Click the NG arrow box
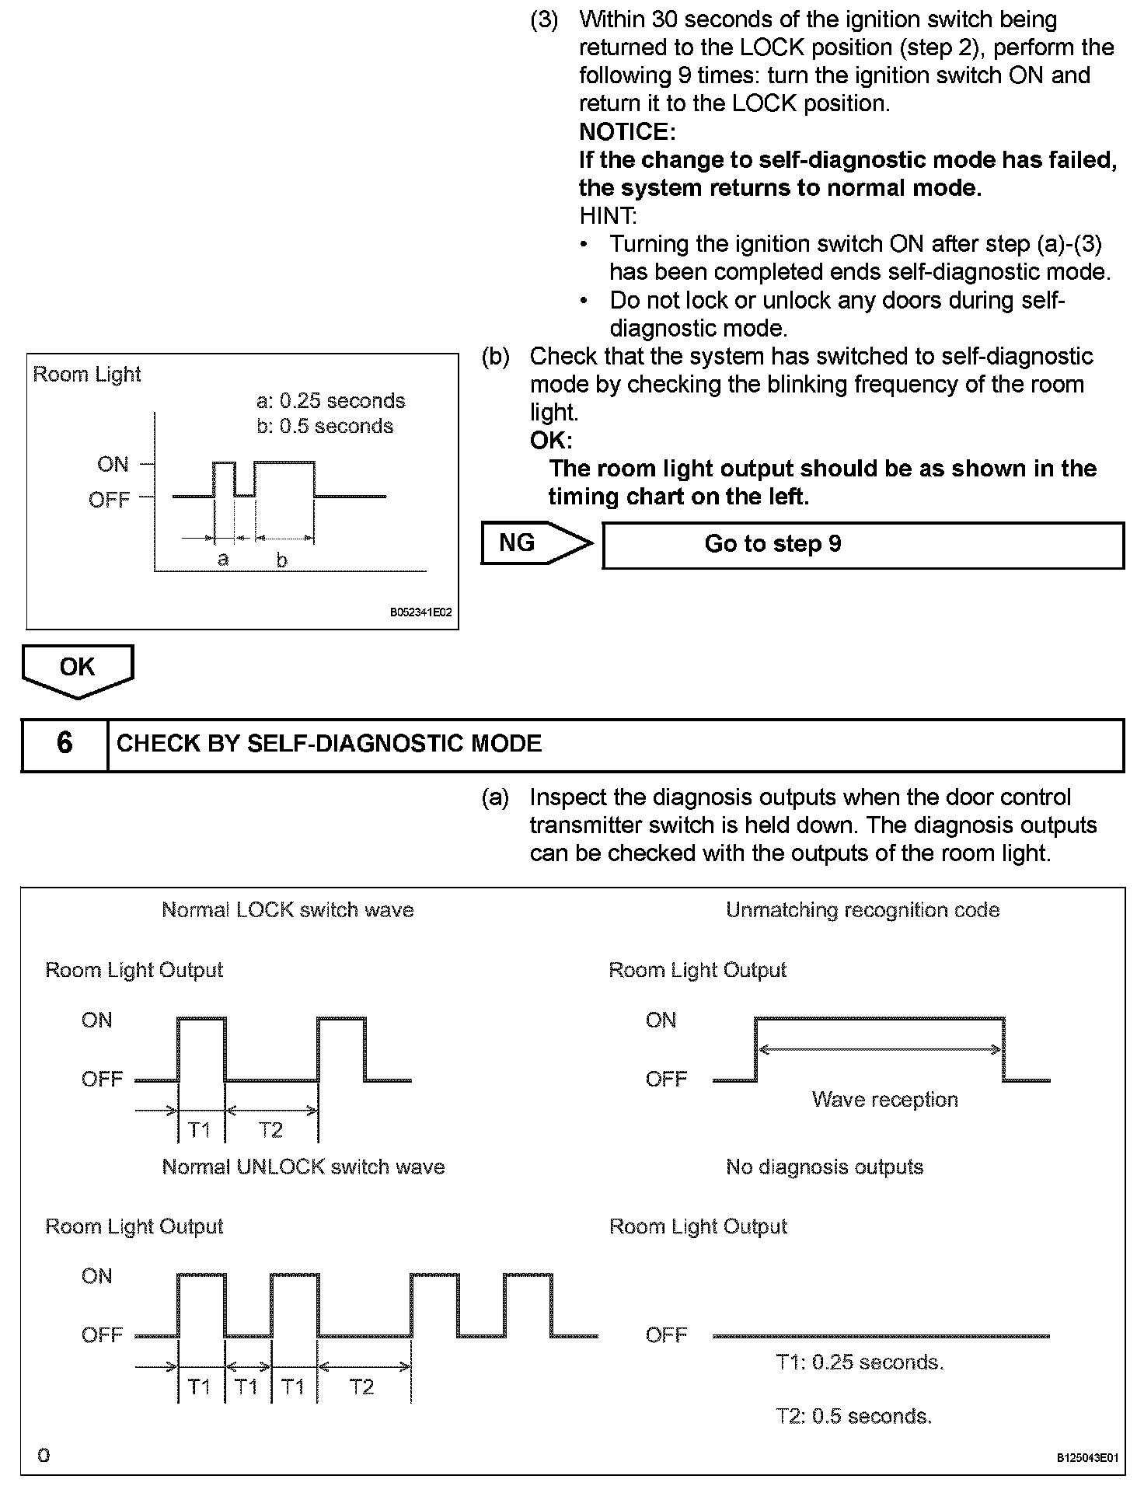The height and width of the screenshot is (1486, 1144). coord(528,542)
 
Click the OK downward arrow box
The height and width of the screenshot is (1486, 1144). coord(77,668)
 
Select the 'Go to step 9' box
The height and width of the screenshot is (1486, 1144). coord(863,545)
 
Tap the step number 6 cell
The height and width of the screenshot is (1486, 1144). coord(65,744)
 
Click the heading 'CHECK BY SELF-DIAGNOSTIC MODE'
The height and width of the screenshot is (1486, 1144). coord(329,744)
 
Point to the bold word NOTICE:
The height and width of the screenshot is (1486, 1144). coord(627,131)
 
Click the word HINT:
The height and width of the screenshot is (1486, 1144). coord(608,215)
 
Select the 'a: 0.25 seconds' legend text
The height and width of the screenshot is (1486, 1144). coord(330,401)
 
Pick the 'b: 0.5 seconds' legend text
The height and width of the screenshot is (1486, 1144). coord(325,427)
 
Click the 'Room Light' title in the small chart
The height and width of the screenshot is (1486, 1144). coord(87,375)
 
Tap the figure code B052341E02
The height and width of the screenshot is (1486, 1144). coord(420,612)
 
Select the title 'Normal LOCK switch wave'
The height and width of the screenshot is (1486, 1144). coord(288,910)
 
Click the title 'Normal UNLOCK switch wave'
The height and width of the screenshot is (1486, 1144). coord(303,1167)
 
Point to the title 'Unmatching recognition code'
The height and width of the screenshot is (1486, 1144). coord(863,910)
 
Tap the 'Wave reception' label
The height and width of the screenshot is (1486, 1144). coord(884,1100)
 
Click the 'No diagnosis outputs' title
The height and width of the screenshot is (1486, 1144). coord(825,1167)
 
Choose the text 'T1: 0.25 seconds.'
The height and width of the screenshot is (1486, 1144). coord(860,1362)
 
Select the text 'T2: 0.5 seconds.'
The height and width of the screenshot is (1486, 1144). coord(853,1416)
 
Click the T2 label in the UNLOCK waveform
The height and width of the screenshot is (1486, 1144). coord(362,1387)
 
